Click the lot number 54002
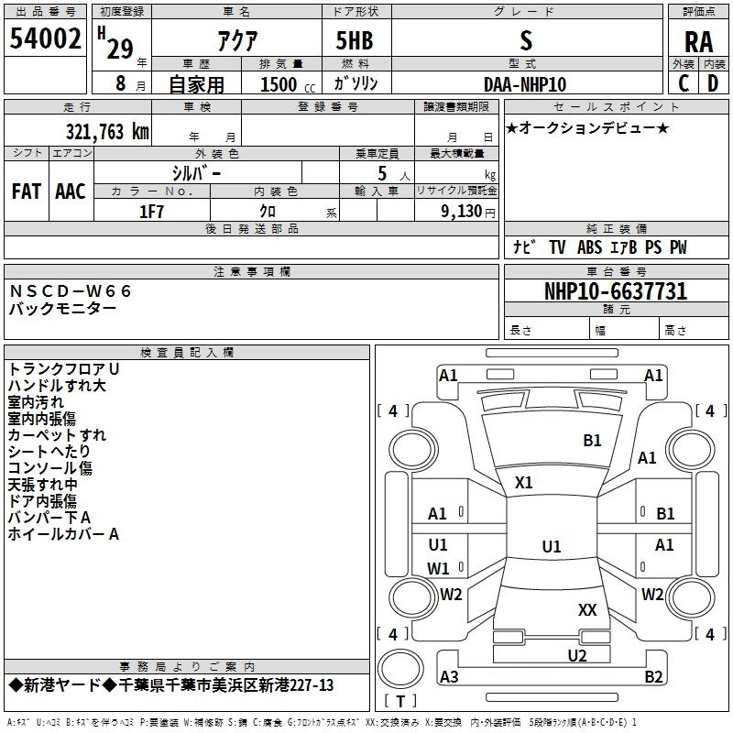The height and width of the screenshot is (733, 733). point(45,38)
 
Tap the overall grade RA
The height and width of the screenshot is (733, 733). point(698,42)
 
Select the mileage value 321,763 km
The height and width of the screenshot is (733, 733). point(107,132)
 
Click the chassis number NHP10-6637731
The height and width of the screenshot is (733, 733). point(616,291)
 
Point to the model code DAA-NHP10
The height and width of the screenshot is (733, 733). point(525,84)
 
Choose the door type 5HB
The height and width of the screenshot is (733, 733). point(355,40)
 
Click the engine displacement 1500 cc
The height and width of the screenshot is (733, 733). point(288,84)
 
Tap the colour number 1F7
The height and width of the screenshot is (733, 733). point(151,212)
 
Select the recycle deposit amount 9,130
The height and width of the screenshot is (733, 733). point(461,212)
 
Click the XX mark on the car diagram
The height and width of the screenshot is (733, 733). point(587,610)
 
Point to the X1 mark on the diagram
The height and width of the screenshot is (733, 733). point(523,483)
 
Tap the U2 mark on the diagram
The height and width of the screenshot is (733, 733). point(577,655)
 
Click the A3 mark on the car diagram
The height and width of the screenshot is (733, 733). point(449,676)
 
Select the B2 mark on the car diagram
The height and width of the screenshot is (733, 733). point(653,676)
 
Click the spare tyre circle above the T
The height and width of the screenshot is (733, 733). point(400,669)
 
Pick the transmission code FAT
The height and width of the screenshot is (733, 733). point(27,191)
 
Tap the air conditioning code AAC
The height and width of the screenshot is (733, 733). point(71,191)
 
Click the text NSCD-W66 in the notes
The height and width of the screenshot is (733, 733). point(71,291)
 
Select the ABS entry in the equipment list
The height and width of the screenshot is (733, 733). point(589,247)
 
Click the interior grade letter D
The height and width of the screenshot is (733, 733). point(713,83)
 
